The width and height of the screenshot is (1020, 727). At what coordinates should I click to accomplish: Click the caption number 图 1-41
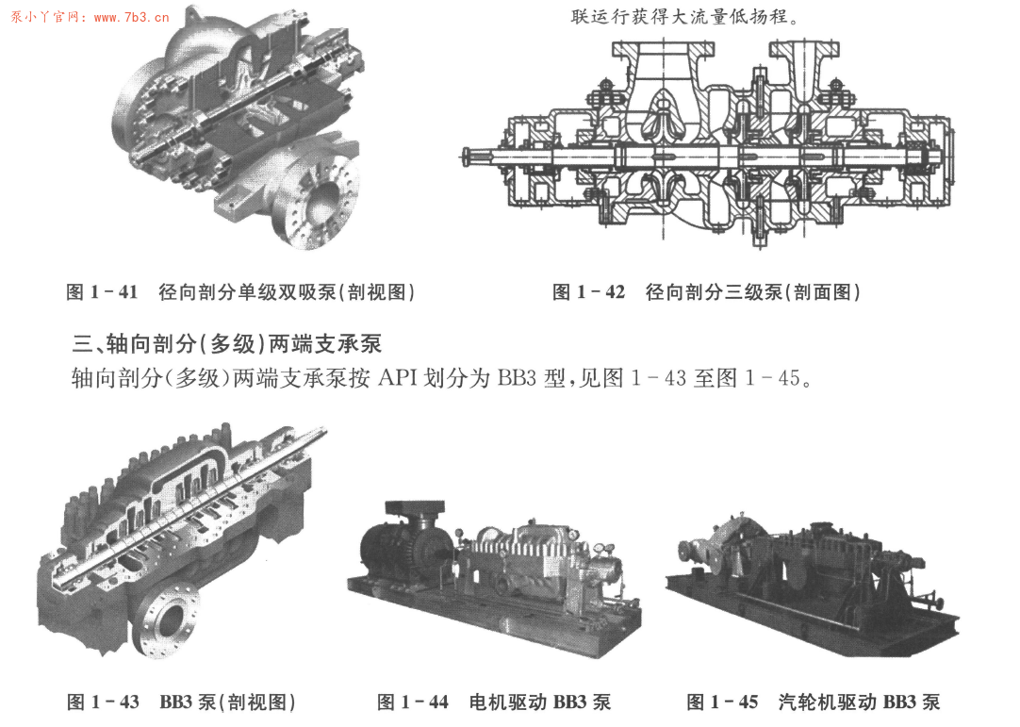pyautogui.click(x=103, y=292)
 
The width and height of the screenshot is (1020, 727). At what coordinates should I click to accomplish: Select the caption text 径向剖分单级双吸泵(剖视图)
pyautogui.click(x=287, y=292)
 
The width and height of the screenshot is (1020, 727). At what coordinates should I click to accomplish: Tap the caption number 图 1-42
pyautogui.click(x=588, y=292)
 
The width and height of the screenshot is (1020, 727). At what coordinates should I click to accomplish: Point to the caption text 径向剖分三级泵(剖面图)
pyautogui.click(x=753, y=292)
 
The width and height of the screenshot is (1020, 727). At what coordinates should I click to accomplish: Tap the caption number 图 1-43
pyautogui.click(x=103, y=702)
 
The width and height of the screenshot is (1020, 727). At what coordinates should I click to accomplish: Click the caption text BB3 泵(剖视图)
pyautogui.click(x=227, y=702)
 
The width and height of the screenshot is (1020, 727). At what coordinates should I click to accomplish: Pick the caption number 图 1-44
pyautogui.click(x=413, y=702)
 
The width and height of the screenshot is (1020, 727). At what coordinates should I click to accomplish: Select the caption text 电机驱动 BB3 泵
pyautogui.click(x=539, y=702)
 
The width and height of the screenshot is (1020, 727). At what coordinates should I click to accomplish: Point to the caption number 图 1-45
pyautogui.click(x=722, y=702)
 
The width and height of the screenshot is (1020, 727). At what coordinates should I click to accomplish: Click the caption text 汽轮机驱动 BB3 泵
pyautogui.click(x=859, y=702)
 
